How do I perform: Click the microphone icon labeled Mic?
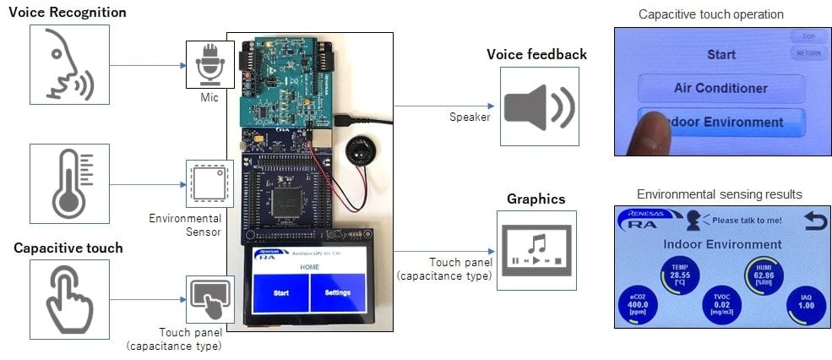209,65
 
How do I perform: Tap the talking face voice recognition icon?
69,64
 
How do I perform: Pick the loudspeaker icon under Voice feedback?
539,106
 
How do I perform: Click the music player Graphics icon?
536,250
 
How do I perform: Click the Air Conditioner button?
720,88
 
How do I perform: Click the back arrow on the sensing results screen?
815,221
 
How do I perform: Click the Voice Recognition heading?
68,13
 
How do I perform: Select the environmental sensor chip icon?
209,183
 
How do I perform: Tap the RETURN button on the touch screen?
808,53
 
